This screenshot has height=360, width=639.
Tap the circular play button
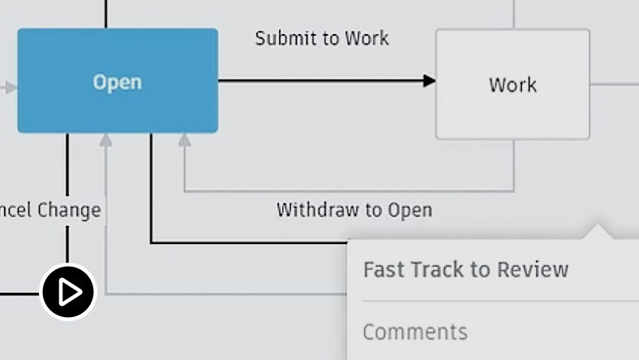[x=68, y=292]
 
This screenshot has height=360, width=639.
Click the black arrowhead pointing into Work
[x=429, y=80]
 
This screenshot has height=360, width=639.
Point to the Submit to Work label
[x=322, y=38]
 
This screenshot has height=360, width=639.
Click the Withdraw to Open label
[x=354, y=210]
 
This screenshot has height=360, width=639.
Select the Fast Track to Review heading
[x=465, y=269]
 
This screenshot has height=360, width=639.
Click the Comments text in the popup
[x=415, y=332]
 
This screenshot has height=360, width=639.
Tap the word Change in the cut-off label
[x=69, y=210]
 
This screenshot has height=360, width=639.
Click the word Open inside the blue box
[x=118, y=82]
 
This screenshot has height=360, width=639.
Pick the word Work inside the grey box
[x=512, y=84]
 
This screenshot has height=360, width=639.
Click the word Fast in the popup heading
[x=384, y=269]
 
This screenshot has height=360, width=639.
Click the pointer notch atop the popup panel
[x=599, y=233]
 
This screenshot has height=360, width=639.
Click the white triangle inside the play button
[x=70, y=292]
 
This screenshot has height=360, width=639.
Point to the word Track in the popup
[x=439, y=269]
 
